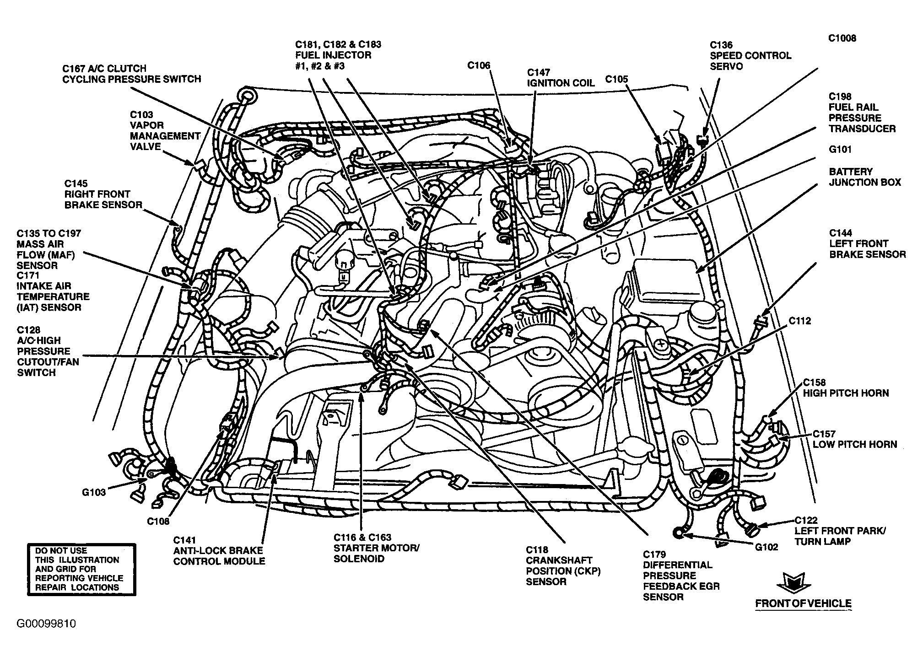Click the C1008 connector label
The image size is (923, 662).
pos(842,38)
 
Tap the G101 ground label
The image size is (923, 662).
pos(840,150)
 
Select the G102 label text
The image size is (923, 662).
pos(766,547)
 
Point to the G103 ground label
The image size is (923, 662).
pos(94,492)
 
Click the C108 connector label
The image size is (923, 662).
pos(158,521)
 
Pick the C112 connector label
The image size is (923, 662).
pos(799,321)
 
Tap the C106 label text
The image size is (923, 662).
pos(479,66)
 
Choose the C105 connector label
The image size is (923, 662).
pos(617,80)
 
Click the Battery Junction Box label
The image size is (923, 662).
pos(865,177)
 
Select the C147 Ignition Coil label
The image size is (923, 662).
pos(561,78)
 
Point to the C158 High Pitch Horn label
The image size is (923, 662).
pos(846,388)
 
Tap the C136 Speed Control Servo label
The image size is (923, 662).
pos(750,56)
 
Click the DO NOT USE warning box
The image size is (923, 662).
pos(81,570)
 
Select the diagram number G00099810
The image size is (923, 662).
pos(47,624)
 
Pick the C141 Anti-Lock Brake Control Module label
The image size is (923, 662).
pos(219,551)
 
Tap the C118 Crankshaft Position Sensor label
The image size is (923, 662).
pos(563,565)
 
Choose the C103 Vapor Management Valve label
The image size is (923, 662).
pos(165,131)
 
